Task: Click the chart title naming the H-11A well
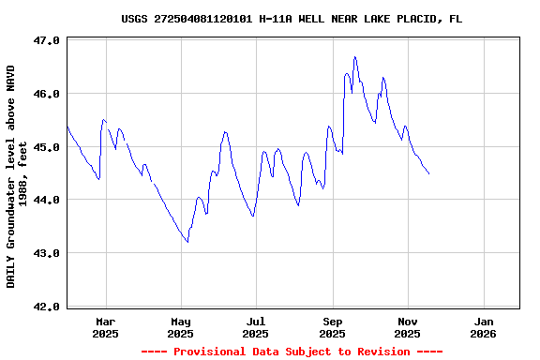pos(292,19)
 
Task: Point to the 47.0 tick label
pos(47,41)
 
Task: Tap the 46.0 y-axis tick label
pos(47,94)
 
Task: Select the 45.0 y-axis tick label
pos(47,147)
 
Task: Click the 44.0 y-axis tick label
pos(47,200)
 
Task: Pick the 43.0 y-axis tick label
pos(47,253)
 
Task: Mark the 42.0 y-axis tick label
pos(47,307)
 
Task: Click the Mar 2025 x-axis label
pos(105,326)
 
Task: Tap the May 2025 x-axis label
pos(181,326)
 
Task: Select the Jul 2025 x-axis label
pos(256,326)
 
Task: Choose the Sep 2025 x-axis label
pos(332,326)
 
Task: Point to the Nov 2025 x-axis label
pos(407,326)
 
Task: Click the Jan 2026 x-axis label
pos(483,326)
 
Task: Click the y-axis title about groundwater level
pos(16,176)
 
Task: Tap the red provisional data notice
pos(292,352)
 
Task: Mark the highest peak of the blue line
pos(354,56)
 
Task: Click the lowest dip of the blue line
pos(187,242)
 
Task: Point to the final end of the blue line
pos(428,173)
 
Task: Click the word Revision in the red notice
pos(380,352)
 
